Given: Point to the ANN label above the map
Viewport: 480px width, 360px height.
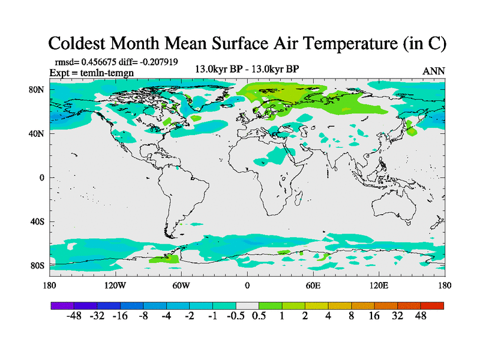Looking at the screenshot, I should (434, 71).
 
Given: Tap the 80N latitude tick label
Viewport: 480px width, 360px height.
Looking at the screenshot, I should (38, 89).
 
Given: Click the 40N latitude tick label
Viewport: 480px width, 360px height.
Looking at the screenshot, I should (38, 133).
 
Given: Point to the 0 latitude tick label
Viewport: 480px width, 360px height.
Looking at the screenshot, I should (42, 178).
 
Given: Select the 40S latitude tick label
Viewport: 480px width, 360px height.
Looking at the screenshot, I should (38, 221).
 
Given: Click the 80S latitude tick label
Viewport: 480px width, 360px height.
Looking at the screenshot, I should (38, 265).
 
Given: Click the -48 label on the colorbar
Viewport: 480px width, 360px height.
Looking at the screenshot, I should (74, 317).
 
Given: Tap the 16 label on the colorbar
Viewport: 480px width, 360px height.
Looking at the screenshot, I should (374, 317).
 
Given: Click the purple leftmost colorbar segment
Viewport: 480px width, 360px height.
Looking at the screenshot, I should (62, 305).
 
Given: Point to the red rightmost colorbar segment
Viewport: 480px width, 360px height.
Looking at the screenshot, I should (432, 305).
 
